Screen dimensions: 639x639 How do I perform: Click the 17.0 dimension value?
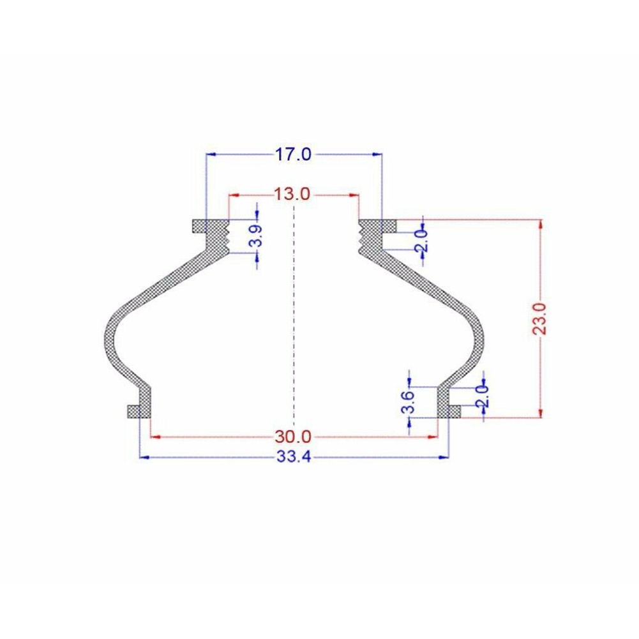click(294, 154)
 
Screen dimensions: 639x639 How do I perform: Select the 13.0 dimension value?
click(292, 195)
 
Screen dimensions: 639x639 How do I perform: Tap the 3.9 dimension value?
click(256, 236)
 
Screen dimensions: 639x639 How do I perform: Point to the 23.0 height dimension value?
click(540, 319)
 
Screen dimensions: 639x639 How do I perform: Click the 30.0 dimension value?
click(292, 437)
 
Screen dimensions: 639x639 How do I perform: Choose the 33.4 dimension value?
click(294, 457)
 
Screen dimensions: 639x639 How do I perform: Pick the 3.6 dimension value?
click(408, 402)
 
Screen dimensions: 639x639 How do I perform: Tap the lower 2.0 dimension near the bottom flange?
click(482, 396)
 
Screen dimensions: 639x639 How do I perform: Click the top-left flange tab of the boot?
click(199, 227)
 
